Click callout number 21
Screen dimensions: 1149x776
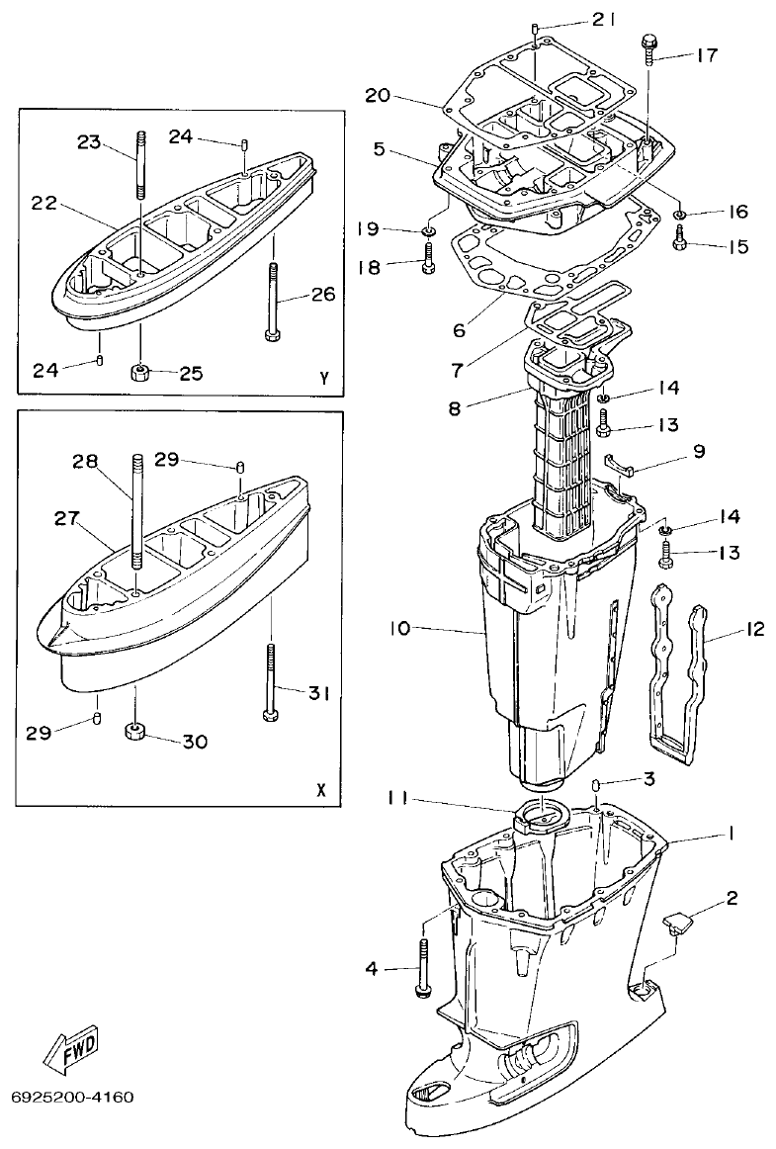pyautogui.click(x=603, y=20)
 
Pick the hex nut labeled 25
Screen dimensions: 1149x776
pyautogui.click(x=140, y=374)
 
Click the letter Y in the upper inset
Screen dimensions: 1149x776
pyautogui.click(x=323, y=378)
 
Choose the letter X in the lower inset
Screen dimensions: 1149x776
pyautogui.click(x=319, y=790)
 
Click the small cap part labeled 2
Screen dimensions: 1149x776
pyautogui.click(x=675, y=924)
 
